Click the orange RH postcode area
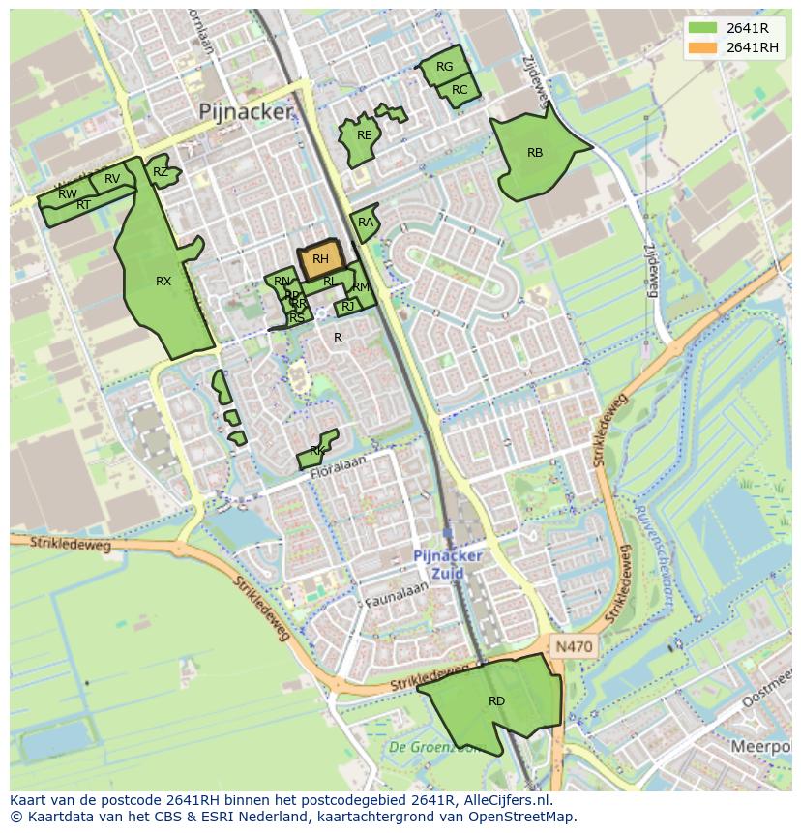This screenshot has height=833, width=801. (320, 259)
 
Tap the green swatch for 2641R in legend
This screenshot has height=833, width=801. (703, 28)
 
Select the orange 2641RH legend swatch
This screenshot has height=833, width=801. (703, 47)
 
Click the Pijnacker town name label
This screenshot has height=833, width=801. (245, 112)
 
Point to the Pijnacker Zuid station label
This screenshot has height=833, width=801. (447, 565)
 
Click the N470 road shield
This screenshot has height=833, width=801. (574, 646)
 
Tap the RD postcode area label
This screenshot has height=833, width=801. (496, 701)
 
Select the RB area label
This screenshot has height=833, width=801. (535, 153)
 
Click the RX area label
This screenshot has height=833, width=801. (163, 282)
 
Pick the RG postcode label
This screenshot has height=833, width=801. (444, 68)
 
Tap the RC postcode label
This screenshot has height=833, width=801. (460, 90)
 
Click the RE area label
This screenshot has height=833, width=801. (364, 135)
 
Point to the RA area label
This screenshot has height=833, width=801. (365, 223)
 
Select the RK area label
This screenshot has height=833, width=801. (316, 452)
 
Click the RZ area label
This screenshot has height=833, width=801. (160, 172)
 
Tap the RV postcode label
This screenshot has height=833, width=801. (112, 179)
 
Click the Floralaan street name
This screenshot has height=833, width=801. (340, 462)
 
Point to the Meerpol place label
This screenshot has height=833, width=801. (761, 747)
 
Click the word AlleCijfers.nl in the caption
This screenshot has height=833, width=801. (504, 800)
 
